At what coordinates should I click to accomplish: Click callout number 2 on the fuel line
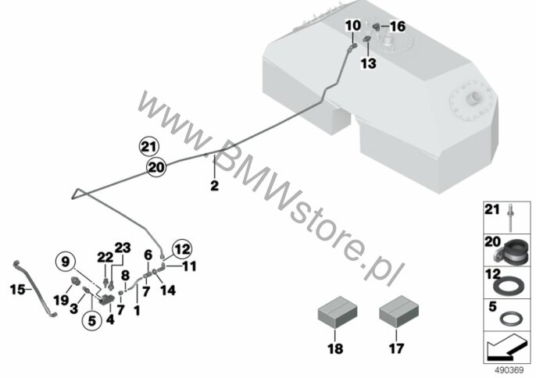coord(214,186)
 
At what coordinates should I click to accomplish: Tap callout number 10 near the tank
coord(354,27)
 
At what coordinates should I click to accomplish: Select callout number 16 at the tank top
coord(397,27)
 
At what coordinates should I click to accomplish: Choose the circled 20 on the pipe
coord(156,166)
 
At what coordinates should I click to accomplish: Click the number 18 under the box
coord(334,350)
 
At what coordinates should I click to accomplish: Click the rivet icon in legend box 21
coord(510,219)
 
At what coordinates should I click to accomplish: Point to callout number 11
coord(189,266)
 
